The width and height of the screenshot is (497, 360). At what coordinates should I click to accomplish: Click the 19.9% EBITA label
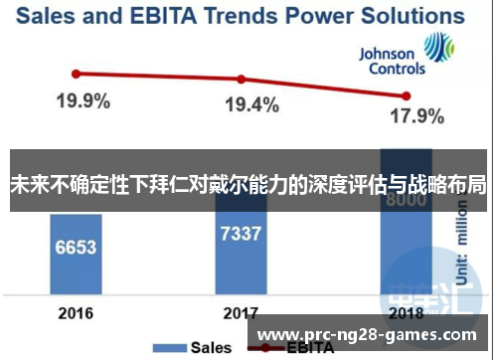coord(83,101)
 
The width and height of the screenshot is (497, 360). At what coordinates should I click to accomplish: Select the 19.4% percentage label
coord(250,105)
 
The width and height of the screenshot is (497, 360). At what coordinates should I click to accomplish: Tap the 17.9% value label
coord(415,116)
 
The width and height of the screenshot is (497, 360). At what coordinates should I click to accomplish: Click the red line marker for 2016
coord(76,73)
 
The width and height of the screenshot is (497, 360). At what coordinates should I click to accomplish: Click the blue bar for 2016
coord(76,254)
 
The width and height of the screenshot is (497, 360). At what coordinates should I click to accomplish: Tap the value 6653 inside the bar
coord(76,246)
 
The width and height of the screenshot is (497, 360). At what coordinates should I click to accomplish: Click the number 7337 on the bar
coord(241,235)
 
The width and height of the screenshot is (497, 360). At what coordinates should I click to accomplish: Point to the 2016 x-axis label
coord(76,313)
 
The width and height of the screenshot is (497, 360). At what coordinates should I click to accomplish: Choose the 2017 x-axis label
coord(241,313)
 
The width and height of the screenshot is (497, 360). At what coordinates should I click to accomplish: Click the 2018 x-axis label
coord(404,313)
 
